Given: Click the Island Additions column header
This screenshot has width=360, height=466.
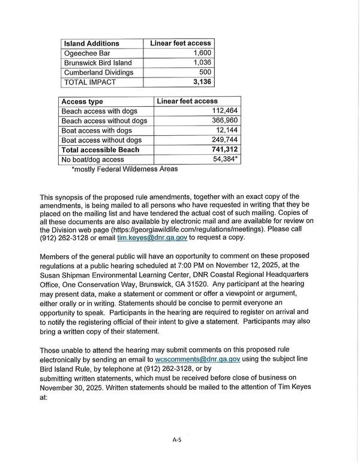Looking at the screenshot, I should [92, 43].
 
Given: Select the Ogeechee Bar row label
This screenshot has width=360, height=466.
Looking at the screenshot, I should [88, 53].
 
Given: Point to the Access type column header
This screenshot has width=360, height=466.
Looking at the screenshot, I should [83, 101].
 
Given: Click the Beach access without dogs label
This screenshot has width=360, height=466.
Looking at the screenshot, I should [104, 121].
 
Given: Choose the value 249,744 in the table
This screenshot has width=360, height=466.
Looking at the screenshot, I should [221, 140].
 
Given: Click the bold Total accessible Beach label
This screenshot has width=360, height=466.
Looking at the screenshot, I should [100, 150].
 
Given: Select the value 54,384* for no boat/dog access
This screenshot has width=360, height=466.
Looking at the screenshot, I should [221, 159].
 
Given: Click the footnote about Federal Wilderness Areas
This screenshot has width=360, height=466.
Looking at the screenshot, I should [124, 169].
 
